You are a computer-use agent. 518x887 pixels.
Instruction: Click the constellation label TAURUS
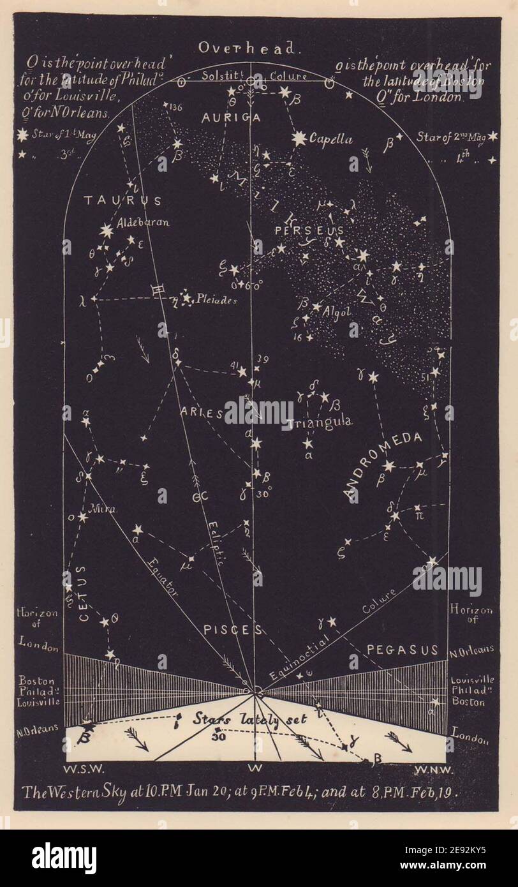click(122, 200)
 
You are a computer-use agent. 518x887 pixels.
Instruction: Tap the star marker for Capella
click(299, 138)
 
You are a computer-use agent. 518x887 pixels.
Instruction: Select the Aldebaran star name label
click(144, 223)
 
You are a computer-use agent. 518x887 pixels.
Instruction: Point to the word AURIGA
click(222, 117)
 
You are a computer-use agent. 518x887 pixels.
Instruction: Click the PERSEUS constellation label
click(309, 230)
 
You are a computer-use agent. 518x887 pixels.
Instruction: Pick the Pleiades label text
click(218, 299)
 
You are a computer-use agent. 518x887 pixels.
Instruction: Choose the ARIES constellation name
click(201, 413)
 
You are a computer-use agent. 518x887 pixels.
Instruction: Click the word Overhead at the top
click(247, 47)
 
